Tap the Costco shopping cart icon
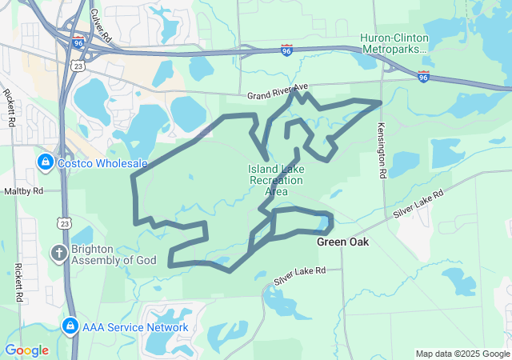click(45, 163)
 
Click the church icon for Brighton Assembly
click(58, 254)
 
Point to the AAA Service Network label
click(134, 327)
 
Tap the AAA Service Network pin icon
click(69, 327)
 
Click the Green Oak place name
click(342, 242)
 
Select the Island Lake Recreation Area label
click(276, 180)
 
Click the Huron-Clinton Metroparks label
click(394, 43)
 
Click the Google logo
click(26, 350)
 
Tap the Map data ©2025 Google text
click(462, 354)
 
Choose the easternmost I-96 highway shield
click(423, 76)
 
